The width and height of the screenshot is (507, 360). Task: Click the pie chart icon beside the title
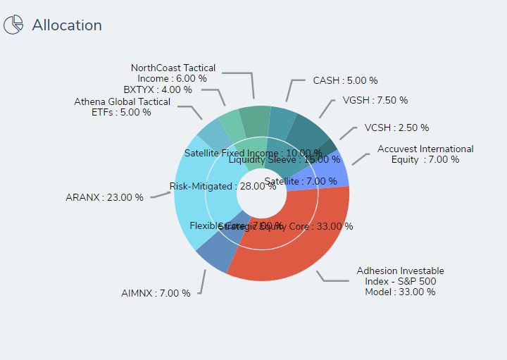coord(13,25)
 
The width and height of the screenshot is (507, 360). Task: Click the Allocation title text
coord(67,25)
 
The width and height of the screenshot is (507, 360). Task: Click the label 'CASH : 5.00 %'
coord(345,81)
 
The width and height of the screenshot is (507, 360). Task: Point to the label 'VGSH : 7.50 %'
coord(375,101)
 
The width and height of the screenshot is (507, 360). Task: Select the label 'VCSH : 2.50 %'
coord(396,128)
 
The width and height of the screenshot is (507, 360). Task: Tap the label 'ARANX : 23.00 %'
coord(104,198)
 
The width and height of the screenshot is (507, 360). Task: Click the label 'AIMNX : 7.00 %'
coord(156,293)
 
